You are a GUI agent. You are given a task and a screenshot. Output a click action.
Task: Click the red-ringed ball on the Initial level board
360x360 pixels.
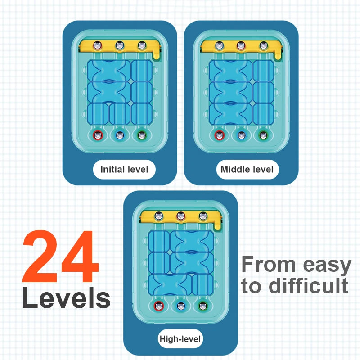tap(98, 135)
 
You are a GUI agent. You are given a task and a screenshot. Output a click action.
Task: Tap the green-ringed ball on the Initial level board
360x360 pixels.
tap(142, 135)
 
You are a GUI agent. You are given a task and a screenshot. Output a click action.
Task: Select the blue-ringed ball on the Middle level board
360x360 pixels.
tap(242, 135)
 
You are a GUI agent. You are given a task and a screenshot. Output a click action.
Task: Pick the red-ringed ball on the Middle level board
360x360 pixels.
tap(220, 135)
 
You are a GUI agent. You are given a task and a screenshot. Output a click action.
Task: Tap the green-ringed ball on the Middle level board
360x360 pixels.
tap(264, 135)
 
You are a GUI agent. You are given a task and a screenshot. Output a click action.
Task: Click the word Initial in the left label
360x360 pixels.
tap(112, 170)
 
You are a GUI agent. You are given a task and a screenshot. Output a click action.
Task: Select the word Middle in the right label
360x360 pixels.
tap(233, 170)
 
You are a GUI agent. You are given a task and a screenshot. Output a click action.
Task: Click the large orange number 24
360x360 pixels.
tap(60, 257)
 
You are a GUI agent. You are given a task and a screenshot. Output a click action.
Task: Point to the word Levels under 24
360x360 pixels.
tap(66, 298)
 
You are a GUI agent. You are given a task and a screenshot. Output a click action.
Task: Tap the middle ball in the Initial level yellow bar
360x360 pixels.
tap(120, 45)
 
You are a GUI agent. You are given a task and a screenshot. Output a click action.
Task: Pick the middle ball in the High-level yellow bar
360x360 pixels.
tap(181, 216)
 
